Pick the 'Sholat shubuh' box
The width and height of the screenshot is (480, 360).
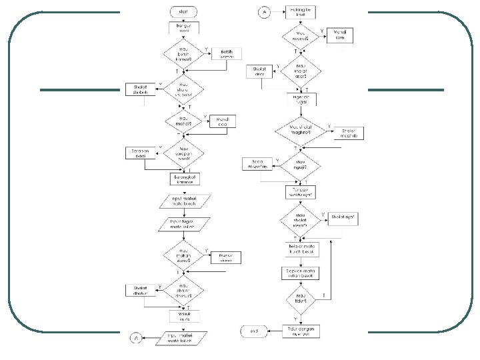[x=141, y=90]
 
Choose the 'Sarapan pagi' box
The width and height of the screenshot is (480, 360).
[x=141, y=153]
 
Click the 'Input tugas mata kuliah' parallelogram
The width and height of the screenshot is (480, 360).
[x=183, y=224]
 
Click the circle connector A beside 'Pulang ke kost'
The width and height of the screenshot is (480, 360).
[x=264, y=12]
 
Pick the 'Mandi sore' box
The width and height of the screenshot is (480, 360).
[x=340, y=35]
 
